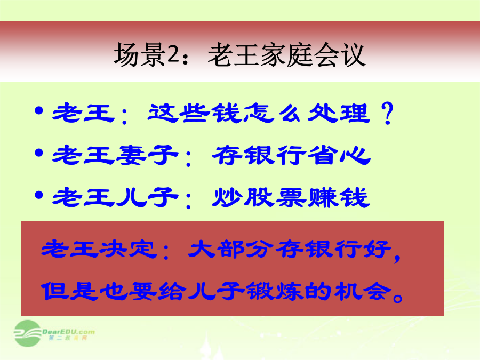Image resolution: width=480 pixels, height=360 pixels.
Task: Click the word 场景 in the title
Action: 140,55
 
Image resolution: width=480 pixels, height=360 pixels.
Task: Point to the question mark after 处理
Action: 388,113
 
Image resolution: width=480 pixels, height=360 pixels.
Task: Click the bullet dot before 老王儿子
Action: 39,195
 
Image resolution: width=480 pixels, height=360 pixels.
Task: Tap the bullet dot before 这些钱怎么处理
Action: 39,110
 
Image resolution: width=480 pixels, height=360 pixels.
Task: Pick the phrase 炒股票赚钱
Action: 291,197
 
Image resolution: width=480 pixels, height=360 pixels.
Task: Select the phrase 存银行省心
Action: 291,155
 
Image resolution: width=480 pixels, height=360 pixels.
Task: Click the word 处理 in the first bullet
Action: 339,113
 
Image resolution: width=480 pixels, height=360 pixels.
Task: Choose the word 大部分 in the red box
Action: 230,249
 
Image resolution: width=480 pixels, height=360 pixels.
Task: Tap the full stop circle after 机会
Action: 398,297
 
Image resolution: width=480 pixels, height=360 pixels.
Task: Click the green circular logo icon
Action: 28,333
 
